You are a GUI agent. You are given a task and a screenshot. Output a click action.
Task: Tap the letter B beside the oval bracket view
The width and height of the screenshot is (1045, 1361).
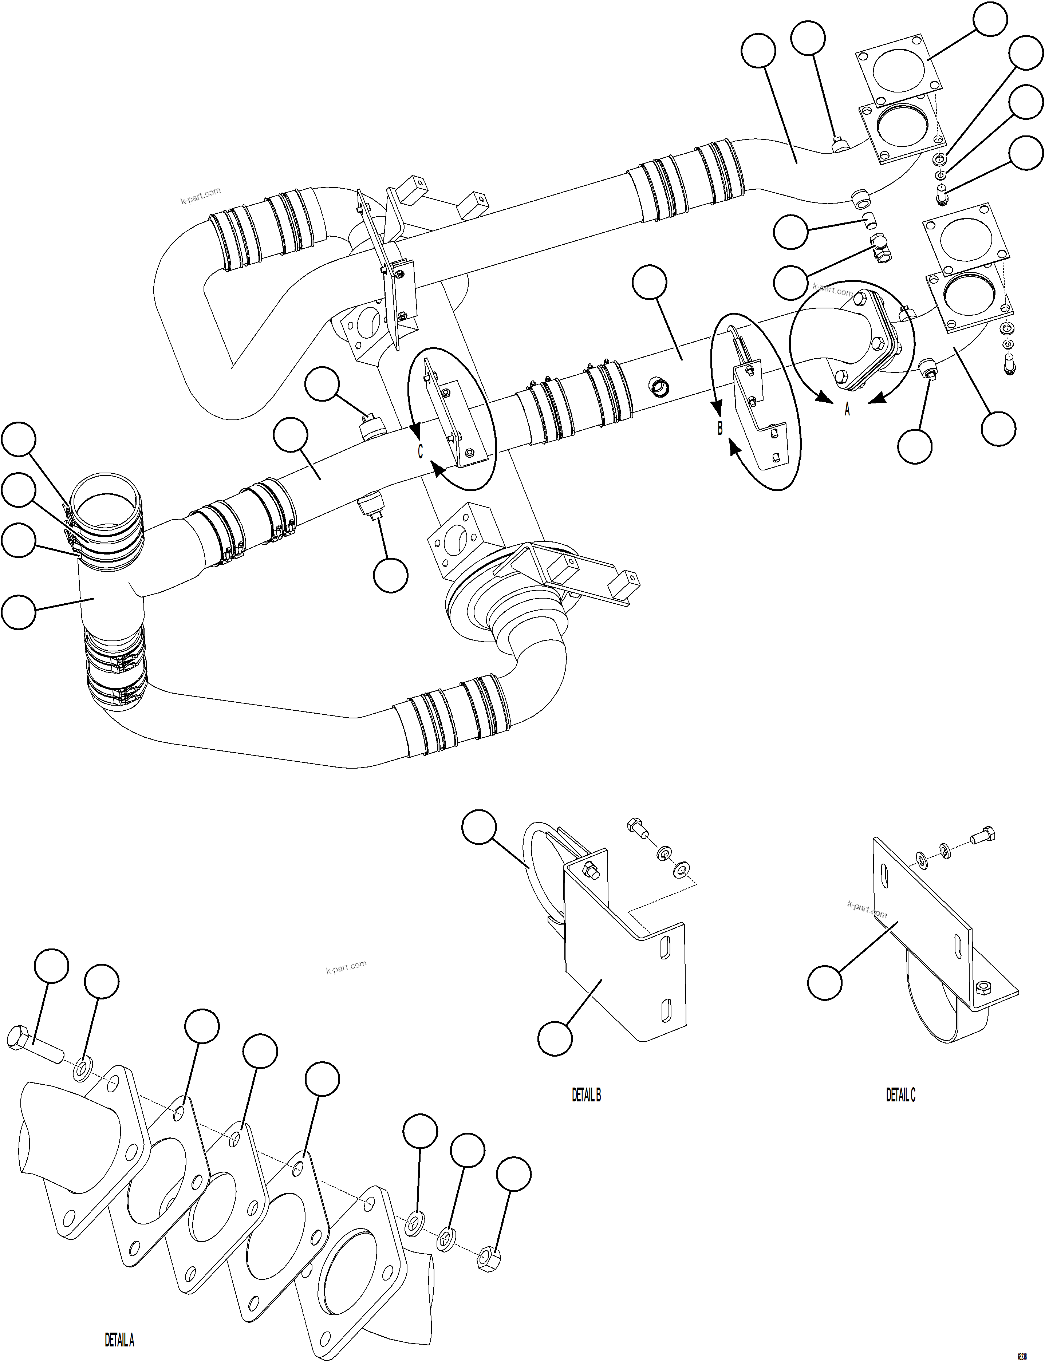(x=720, y=429)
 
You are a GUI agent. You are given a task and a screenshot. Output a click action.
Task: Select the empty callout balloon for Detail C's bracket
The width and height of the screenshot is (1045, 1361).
(x=825, y=983)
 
